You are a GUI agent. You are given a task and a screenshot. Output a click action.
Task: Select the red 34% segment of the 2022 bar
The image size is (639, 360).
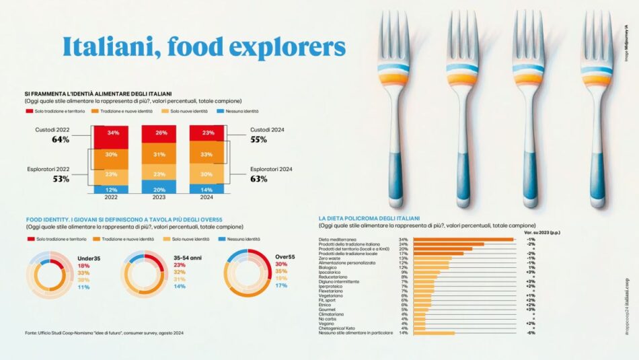coord(111,133)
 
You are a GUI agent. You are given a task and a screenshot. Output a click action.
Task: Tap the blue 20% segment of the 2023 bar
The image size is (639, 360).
coord(160,189)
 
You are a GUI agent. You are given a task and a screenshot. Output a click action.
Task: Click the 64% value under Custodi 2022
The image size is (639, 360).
coord(61,140)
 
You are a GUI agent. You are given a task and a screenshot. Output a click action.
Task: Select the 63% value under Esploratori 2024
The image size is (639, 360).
coord(259,179)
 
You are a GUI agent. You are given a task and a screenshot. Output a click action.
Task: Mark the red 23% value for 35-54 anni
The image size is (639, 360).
coord(180,265)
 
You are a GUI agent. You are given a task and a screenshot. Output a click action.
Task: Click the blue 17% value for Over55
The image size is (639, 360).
coord(281,285)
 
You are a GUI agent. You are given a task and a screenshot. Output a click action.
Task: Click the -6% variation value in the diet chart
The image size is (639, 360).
coord(531,332)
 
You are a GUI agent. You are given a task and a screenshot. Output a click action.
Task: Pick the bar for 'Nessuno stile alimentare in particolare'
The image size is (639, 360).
coord(434,332)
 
